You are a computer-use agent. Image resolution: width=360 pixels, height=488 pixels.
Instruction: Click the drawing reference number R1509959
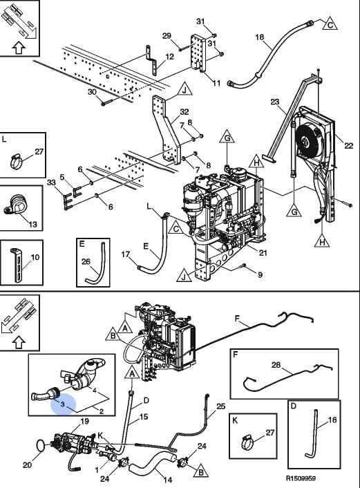click(x=301, y=478)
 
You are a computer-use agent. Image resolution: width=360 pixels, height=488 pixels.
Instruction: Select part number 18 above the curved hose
click(x=259, y=37)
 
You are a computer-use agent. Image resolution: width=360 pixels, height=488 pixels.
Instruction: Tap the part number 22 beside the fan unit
click(x=348, y=145)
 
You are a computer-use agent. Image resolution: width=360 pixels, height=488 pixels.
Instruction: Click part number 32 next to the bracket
click(x=184, y=112)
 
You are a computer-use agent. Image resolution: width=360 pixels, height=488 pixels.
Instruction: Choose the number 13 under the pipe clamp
click(x=32, y=224)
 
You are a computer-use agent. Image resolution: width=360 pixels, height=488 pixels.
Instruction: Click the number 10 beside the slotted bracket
click(x=35, y=257)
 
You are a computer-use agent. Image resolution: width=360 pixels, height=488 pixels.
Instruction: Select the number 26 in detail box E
click(x=86, y=261)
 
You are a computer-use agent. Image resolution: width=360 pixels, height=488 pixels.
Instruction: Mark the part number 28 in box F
click(x=276, y=364)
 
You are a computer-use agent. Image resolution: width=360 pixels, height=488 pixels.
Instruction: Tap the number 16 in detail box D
click(x=332, y=420)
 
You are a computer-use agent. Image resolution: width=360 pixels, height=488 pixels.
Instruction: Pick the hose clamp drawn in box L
click(x=16, y=161)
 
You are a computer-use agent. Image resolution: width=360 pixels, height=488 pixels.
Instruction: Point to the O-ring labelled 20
click(x=41, y=445)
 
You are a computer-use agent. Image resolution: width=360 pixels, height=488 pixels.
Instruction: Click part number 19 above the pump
click(x=84, y=421)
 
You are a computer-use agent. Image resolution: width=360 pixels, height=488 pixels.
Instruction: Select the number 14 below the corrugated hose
click(x=167, y=480)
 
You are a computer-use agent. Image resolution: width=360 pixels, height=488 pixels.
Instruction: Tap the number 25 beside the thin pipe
click(x=220, y=406)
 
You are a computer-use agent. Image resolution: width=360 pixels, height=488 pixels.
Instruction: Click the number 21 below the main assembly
click(x=263, y=253)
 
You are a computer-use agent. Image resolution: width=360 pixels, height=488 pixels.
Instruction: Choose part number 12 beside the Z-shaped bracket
click(x=169, y=57)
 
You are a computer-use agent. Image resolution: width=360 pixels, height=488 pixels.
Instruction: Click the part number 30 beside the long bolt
click(x=92, y=92)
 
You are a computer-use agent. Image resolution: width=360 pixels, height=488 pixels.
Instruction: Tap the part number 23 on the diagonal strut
click(x=275, y=102)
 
